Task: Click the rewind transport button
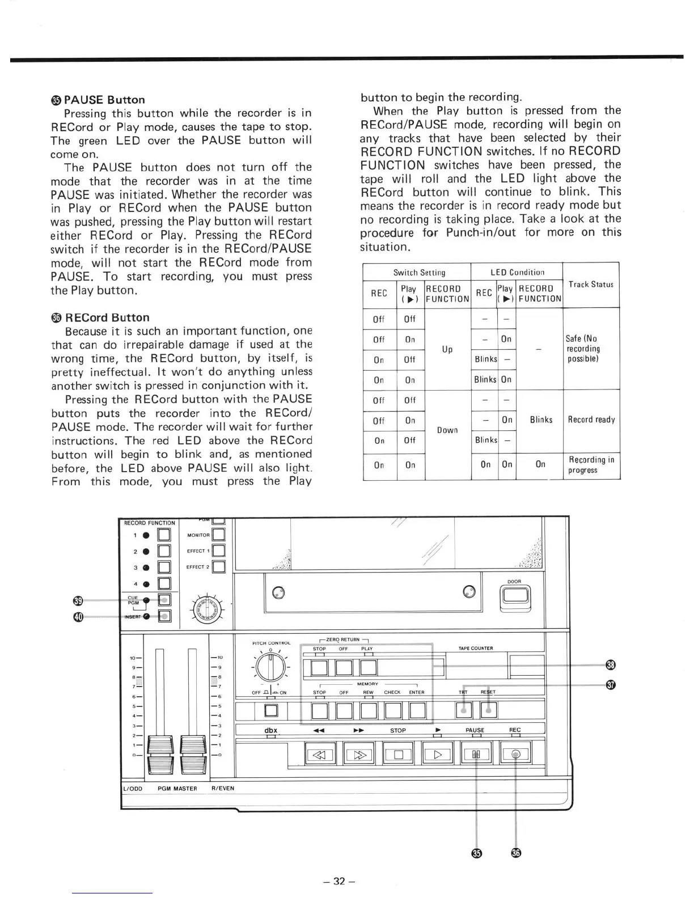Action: (x=321, y=754)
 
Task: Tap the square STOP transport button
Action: (x=398, y=754)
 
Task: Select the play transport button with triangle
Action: (x=437, y=754)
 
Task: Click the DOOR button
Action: (x=514, y=595)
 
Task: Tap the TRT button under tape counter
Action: (x=464, y=710)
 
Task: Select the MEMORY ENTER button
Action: (x=417, y=710)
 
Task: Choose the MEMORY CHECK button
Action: (x=393, y=710)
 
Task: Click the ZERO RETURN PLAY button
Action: (x=368, y=668)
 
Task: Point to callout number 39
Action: (x=78, y=600)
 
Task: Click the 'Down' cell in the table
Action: (x=447, y=430)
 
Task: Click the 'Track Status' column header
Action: (x=591, y=285)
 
